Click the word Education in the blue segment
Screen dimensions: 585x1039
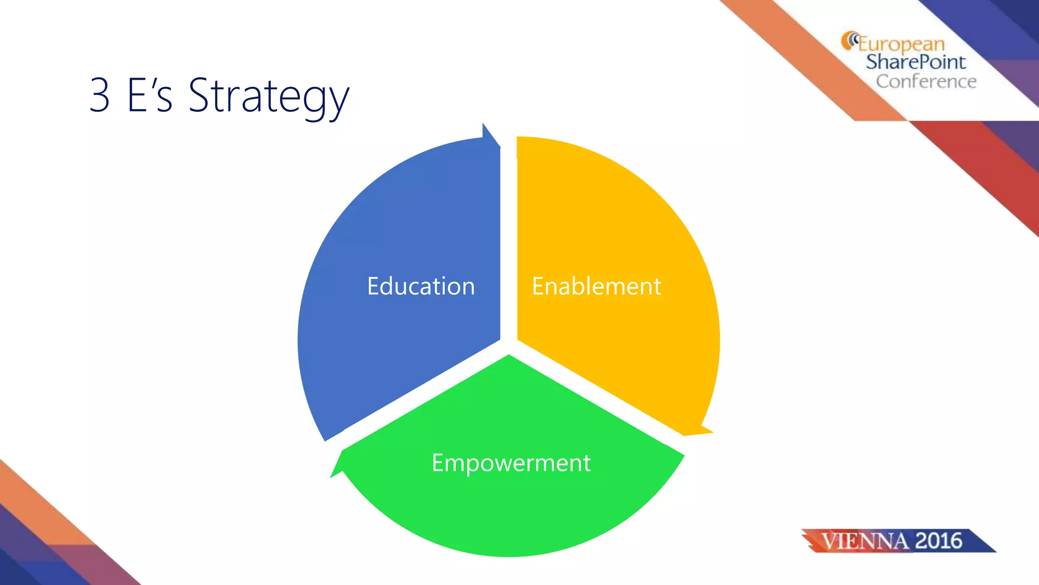[421, 286]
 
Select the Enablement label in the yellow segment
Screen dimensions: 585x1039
[596, 286]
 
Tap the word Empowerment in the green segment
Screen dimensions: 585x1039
[511, 463]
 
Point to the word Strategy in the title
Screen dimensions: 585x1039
[268, 96]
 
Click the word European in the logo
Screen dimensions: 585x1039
[901, 44]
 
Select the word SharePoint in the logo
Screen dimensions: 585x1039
[915, 62]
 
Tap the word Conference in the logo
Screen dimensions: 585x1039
[926, 81]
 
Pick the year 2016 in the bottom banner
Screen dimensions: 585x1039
[939, 541]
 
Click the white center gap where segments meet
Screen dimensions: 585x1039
[509, 346]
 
